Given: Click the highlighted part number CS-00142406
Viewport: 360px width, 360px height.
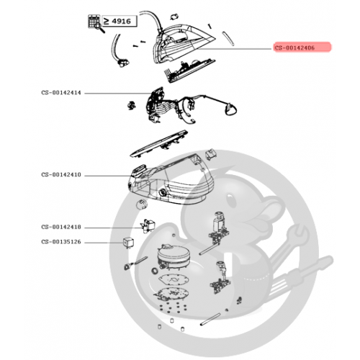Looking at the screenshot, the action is pyautogui.click(x=294, y=48).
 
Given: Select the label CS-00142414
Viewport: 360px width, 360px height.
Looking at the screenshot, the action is pyautogui.click(x=61, y=93).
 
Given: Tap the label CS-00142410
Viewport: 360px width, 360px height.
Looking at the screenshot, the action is pyautogui.click(x=61, y=174).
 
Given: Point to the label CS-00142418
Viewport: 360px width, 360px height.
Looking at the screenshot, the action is pyautogui.click(x=61, y=227).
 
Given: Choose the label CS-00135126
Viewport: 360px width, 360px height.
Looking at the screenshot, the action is pyautogui.click(x=61, y=242).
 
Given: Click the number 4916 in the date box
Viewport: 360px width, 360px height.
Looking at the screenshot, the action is pyautogui.click(x=121, y=21).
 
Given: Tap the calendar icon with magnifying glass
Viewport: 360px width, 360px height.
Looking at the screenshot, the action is pyautogui.click(x=96, y=23).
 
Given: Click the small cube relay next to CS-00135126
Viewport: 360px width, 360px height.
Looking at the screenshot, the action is pyautogui.click(x=128, y=243).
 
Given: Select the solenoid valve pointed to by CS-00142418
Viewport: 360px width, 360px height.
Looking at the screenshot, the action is pyautogui.click(x=148, y=226).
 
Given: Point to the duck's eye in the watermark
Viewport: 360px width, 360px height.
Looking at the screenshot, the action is pyautogui.click(x=231, y=199).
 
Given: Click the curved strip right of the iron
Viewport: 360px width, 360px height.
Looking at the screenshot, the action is pyautogui.click(x=228, y=38).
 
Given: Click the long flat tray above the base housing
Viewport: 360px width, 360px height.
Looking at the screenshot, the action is pyautogui.click(x=159, y=144).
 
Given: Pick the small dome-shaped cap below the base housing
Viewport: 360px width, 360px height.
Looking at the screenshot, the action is pyautogui.click(x=142, y=204).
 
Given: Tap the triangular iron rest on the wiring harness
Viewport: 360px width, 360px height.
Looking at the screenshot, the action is pyautogui.click(x=230, y=109).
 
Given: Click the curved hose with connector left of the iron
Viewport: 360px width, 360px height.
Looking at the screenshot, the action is pyautogui.click(x=118, y=51).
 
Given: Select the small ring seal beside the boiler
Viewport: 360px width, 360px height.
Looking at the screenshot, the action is pyautogui.click(x=155, y=271).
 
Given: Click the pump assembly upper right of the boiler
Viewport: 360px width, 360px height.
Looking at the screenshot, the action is pyautogui.click(x=219, y=229).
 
